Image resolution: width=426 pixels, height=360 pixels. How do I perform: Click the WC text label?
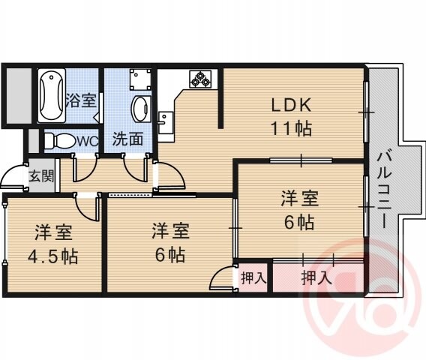(87, 140)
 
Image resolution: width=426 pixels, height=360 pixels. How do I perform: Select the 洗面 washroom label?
(127, 139)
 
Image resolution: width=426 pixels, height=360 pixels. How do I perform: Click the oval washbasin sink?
(139, 109)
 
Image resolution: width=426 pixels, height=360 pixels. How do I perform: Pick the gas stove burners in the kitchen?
(203, 77)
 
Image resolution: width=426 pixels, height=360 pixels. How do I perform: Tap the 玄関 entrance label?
(40, 177)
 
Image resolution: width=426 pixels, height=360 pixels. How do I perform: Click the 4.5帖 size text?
(54, 255)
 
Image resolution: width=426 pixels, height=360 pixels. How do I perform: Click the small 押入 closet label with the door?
(253, 277)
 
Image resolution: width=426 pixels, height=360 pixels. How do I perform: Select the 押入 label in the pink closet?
(316, 277)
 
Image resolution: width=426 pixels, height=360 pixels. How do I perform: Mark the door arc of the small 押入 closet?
(221, 279)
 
